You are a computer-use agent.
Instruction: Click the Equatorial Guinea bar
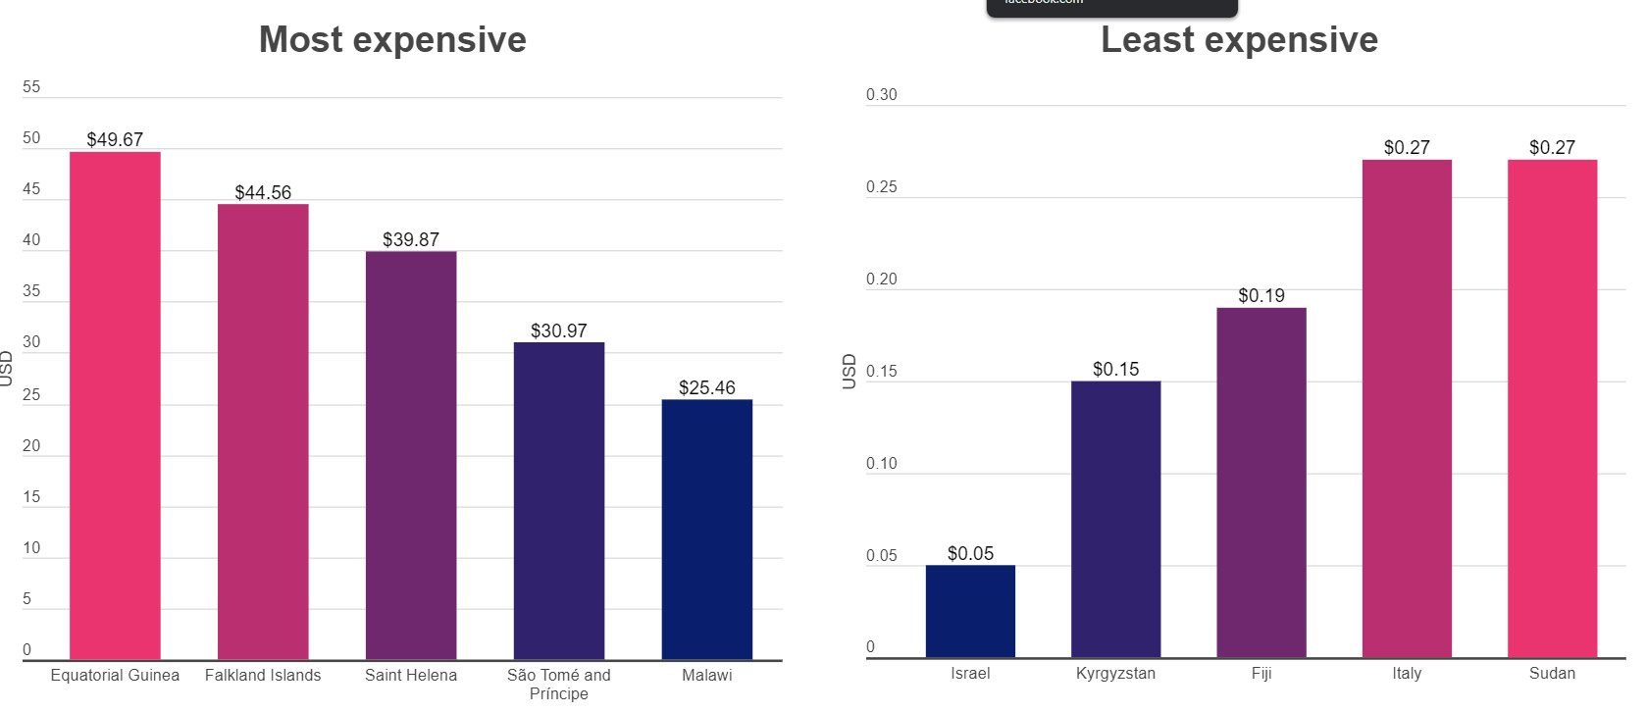[x=115, y=406]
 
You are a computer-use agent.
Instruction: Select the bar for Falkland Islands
[x=263, y=432]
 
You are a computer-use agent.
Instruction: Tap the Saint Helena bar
[x=411, y=455]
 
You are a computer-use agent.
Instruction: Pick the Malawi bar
[x=706, y=530]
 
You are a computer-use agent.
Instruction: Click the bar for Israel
[x=970, y=611]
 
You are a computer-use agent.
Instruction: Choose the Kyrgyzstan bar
[x=1115, y=519]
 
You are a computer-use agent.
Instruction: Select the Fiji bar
[x=1261, y=483]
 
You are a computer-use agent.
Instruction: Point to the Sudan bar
[x=1552, y=408]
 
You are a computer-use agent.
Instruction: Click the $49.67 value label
[x=115, y=139]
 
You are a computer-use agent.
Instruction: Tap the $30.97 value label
[x=559, y=331]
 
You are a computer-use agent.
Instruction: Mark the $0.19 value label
[x=1261, y=295]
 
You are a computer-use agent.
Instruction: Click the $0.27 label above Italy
[x=1407, y=147]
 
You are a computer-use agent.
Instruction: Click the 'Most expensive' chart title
[x=392, y=39]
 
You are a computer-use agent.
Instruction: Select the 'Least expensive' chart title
[x=1239, y=39]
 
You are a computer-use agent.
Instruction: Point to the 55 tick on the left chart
[x=31, y=87]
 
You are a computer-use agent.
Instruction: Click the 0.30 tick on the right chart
[x=881, y=95]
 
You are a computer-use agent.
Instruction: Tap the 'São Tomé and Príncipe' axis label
[x=559, y=685]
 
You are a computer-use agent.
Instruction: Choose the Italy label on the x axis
[x=1407, y=673]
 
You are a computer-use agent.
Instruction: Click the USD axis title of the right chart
[x=849, y=371]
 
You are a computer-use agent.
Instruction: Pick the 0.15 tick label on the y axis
[x=881, y=372]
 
